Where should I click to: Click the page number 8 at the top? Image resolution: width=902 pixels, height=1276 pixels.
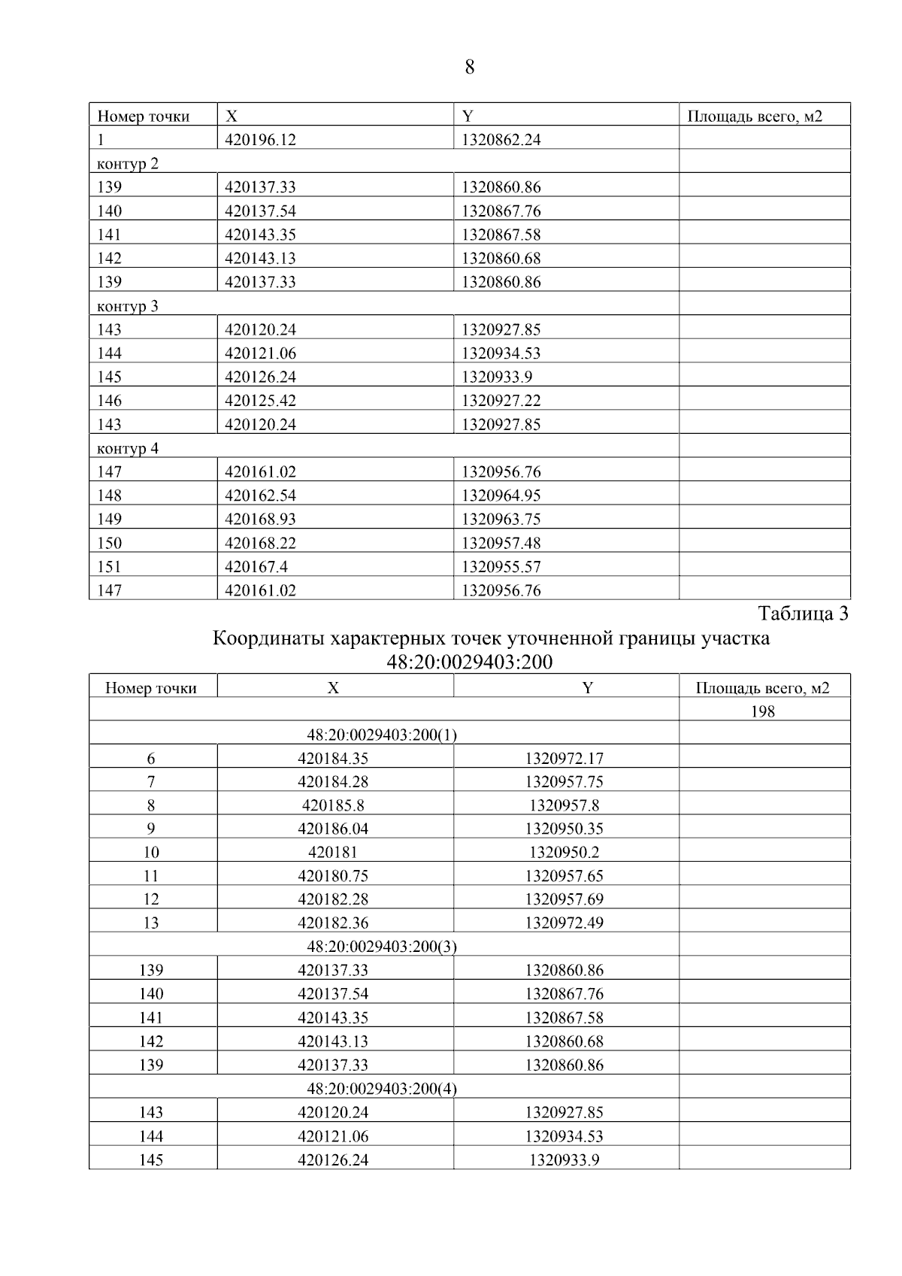(470, 68)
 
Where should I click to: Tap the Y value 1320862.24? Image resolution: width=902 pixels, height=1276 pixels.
(501, 140)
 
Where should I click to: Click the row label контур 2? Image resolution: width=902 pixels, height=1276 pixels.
(128, 164)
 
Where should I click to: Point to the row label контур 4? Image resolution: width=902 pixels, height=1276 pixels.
(128, 449)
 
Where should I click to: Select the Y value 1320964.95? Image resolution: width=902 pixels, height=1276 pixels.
(501, 496)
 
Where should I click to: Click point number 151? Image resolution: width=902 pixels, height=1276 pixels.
(109, 567)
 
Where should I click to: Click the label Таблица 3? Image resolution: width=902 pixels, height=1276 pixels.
(803, 614)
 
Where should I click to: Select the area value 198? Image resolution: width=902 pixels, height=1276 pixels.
(762, 711)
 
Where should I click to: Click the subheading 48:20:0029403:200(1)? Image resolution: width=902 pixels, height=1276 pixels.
(382, 735)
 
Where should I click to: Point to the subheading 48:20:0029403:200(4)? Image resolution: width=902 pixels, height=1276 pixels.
(382, 1089)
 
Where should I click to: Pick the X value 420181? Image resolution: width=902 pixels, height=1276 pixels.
(333, 853)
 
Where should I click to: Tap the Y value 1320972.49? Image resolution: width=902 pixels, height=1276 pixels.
(564, 923)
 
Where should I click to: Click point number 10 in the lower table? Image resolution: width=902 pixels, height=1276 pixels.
(151, 853)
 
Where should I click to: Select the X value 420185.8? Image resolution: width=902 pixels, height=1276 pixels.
(333, 805)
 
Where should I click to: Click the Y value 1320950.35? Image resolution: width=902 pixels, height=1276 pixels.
(564, 829)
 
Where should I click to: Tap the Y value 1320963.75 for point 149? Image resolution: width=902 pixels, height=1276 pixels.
(501, 520)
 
